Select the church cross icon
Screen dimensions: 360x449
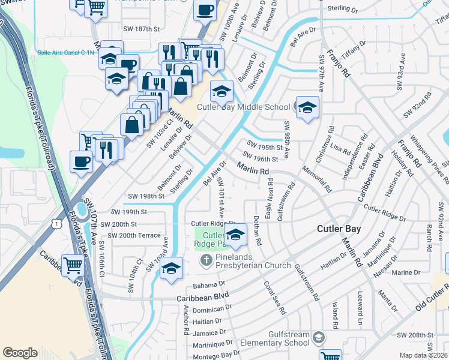point(206,259)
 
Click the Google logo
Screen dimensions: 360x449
point(20,352)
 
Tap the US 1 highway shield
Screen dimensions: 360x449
point(56,223)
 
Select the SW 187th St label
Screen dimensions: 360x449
point(143,29)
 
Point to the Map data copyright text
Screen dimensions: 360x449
point(424,355)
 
